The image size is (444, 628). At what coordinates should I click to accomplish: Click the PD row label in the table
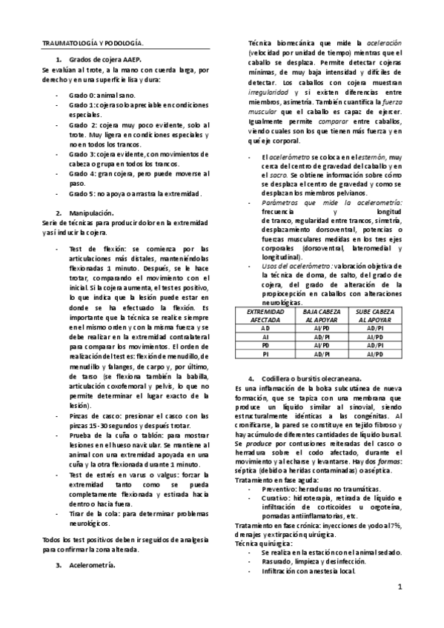click(x=265, y=344)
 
